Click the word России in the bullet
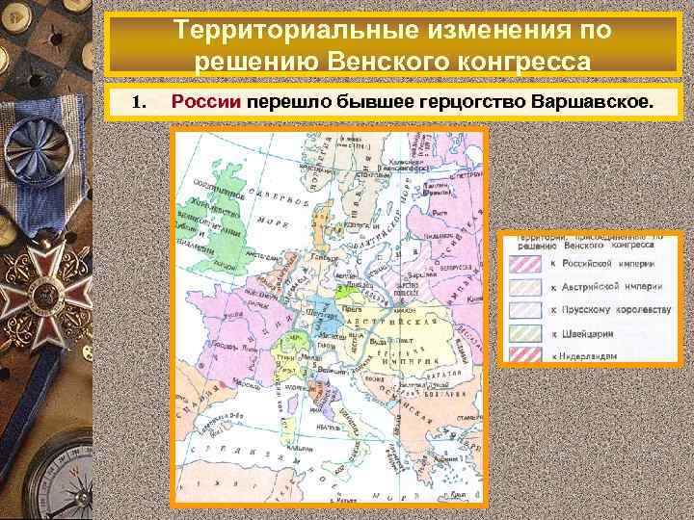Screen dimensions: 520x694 click(206, 101)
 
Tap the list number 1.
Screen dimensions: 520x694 click(139, 102)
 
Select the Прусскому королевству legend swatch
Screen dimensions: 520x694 click(527, 310)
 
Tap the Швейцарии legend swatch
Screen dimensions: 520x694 click(527, 332)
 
